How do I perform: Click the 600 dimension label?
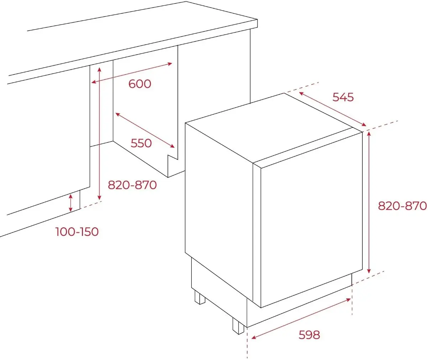click(140, 84)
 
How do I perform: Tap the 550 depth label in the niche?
click(141, 143)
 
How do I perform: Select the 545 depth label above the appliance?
click(343, 97)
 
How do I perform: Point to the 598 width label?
click(309, 335)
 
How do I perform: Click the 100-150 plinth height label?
click(77, 232)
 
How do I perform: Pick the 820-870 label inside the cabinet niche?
click(132, 185)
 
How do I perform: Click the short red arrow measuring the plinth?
click(71, 203)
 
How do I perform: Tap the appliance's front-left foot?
click(238, 325)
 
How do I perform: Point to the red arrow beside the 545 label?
click(333, 109)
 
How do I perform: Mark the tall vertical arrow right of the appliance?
click(369, 202)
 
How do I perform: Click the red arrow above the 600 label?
click(132, 73)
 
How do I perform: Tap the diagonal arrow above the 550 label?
click(145, 130)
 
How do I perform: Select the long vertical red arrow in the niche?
click(99, 133)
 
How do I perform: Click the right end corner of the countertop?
click(257, 20)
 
